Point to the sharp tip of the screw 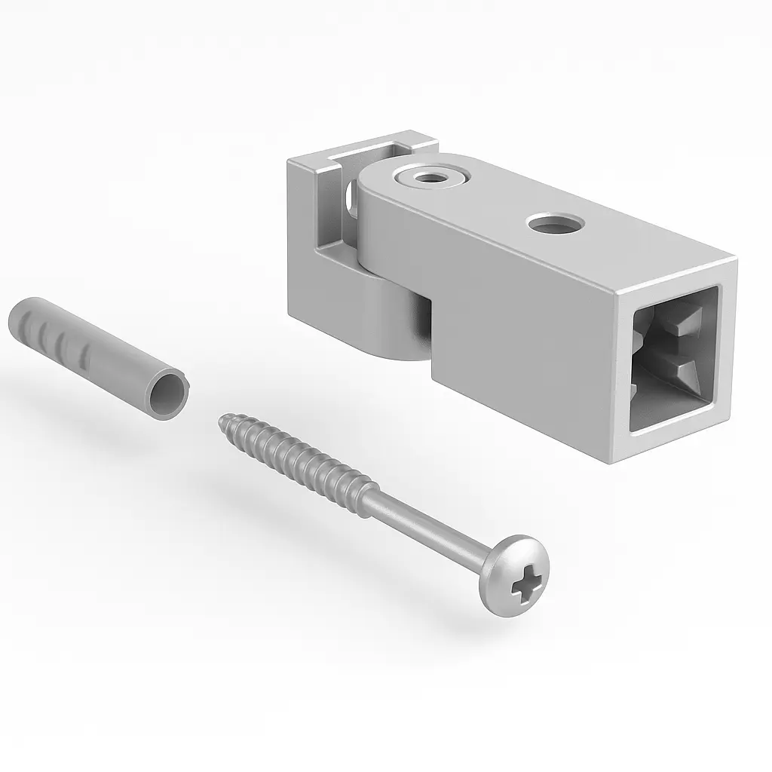[x=222, y=417]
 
